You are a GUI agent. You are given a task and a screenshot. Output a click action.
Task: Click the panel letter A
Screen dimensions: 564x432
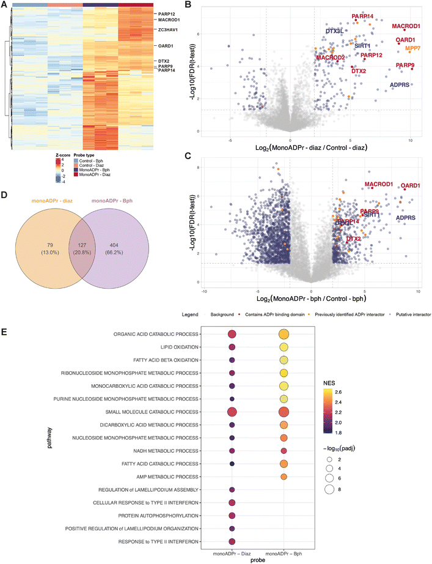[x=5, y=5]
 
